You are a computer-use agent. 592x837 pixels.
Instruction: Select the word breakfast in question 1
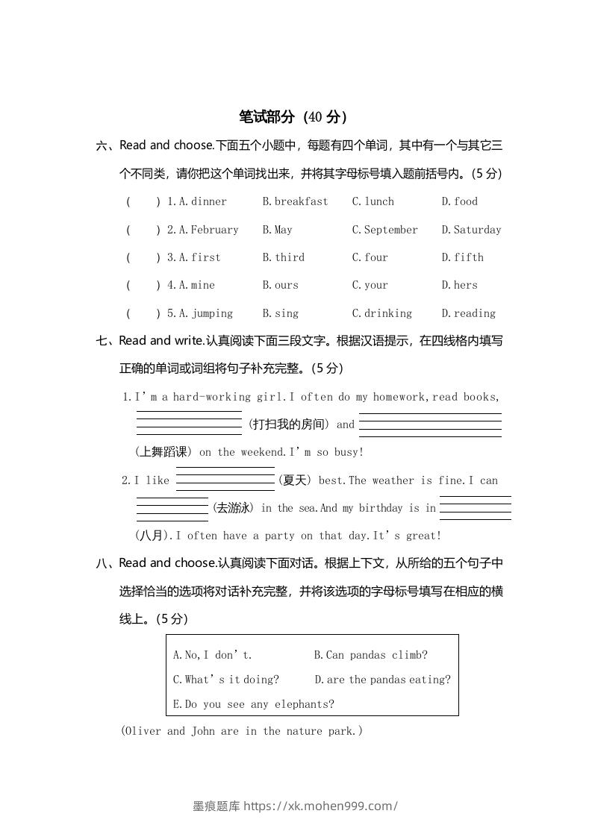(x=301, y=201)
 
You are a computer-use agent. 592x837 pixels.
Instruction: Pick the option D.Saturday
(x=471, y=230)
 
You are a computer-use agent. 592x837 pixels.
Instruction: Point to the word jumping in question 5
(x=212, y=313)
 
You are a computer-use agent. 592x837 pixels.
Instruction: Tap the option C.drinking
(x=381, y=313)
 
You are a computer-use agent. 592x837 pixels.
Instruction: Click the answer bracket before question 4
(x=143, y=285)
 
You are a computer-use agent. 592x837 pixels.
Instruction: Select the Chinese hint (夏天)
(x=294, y=480)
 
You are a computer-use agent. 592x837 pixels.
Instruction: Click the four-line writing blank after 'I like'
(x=225, y=479)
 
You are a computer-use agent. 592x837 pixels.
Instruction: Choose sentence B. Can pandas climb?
(x=370, y=656)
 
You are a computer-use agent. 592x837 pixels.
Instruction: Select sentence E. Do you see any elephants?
(x=253, y=704)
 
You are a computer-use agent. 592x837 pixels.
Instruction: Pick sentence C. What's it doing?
(x=225, y=680)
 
